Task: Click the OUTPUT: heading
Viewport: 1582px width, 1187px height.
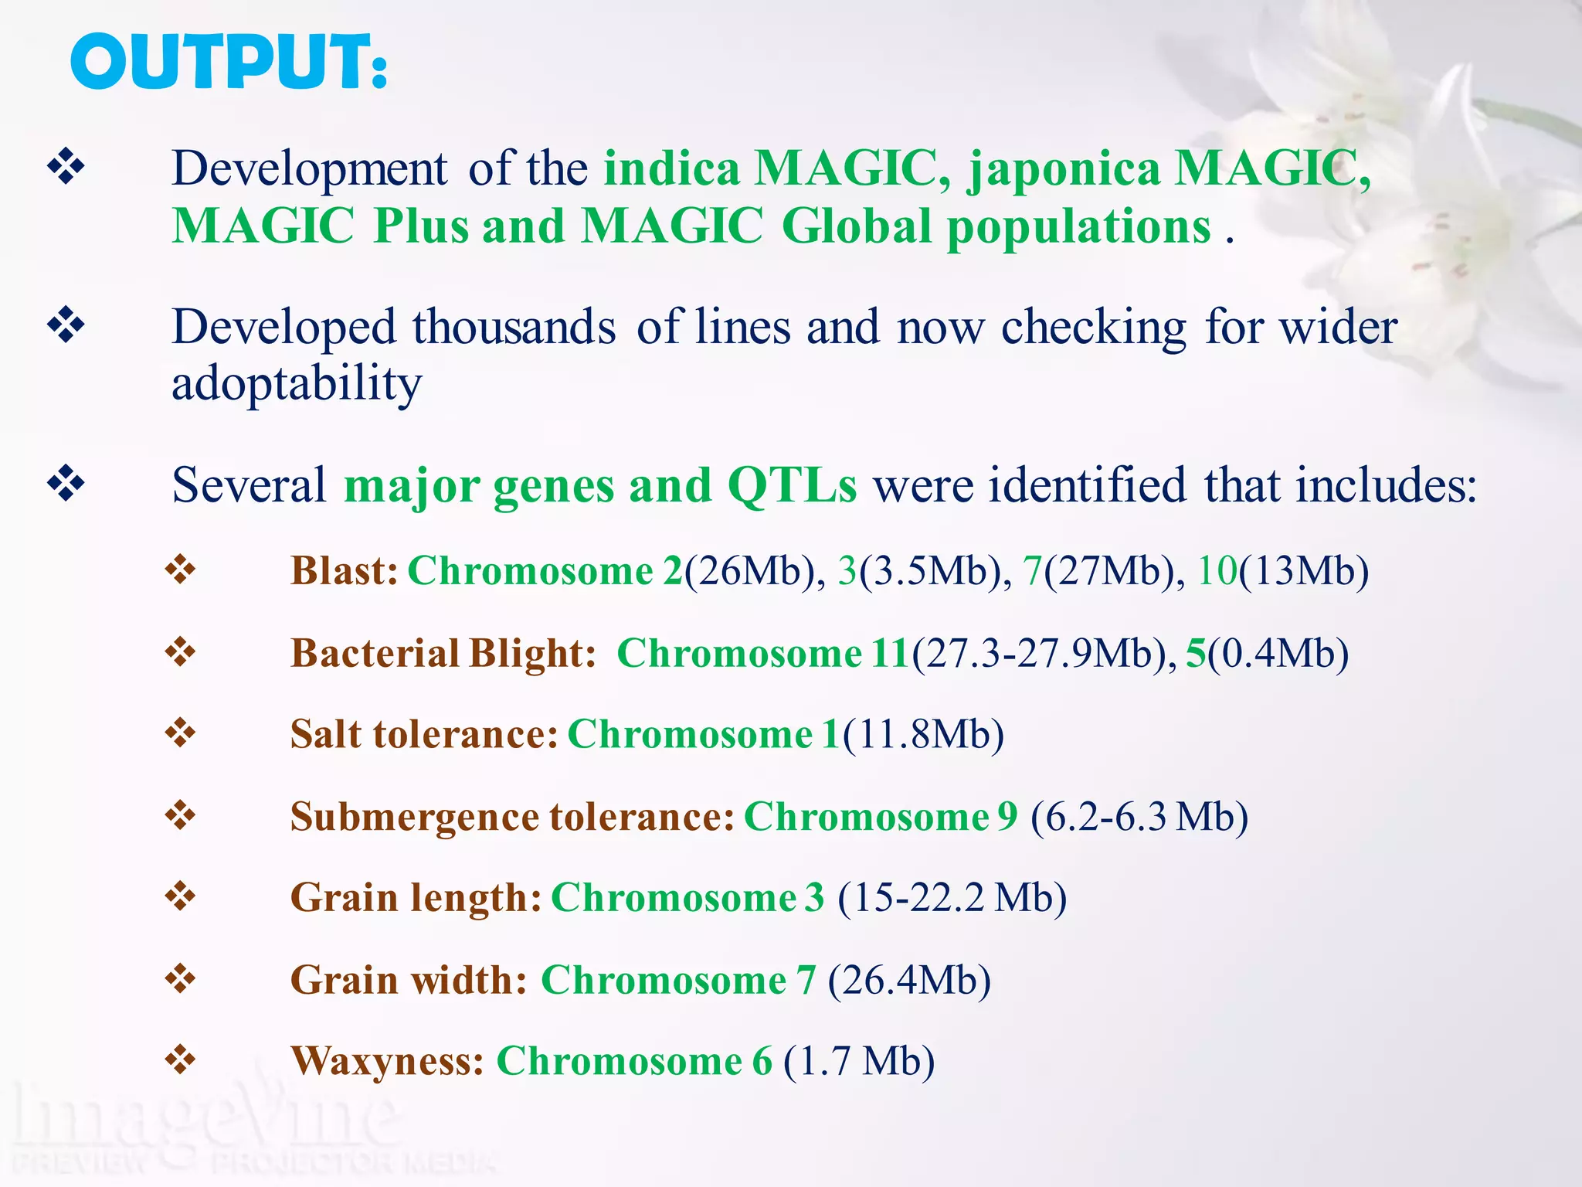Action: tap(229, 62)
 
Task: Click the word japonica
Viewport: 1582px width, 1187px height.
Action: tap(1064, 168)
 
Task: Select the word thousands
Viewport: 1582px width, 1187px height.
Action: tap(514, 327)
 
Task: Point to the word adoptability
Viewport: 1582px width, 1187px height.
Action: tap(297, 384)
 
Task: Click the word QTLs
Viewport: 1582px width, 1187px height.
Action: tap(792, 486)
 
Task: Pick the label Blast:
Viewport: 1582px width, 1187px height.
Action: tap(344, 571)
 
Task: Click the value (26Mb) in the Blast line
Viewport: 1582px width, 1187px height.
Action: tap(749, 571)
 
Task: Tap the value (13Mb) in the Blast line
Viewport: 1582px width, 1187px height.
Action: tap(1303, 571)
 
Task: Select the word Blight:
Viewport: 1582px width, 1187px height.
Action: tap(532, 653)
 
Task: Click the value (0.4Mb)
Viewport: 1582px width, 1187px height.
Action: tap(1278, 653)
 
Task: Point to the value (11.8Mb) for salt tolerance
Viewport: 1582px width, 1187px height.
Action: tap(923, 734)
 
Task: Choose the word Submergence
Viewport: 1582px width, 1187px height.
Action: tap(414, 817)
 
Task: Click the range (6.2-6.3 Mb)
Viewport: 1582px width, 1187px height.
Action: tap(1139, 817)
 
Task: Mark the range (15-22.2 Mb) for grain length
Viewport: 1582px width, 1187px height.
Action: tap(952, 898)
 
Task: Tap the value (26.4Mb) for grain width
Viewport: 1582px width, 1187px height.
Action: tap(909, 980)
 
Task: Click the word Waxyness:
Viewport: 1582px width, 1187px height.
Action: tap(388, 1061)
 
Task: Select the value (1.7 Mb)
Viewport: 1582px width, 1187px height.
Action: tap(859, 1061)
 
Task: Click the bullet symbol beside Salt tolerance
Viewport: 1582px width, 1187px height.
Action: tap(181, 733)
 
